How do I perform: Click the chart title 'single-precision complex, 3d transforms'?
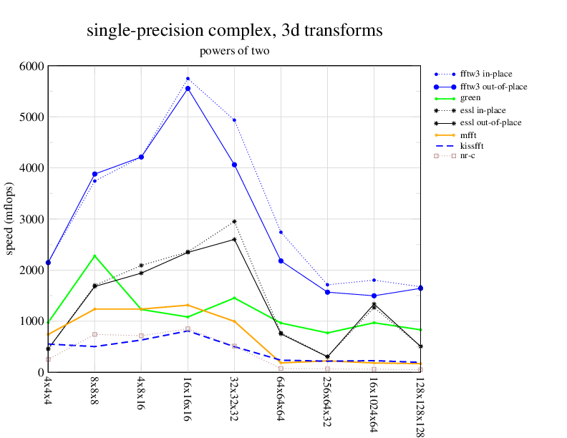click(234, 31)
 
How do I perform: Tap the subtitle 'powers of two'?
click(234, 51)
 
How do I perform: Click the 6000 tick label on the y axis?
click(31, 66)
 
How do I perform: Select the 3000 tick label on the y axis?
click(31, 219)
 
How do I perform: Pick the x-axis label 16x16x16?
click(187, 393)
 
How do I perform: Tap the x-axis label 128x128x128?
click(420, 404)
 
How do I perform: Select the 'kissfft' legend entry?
click(472, 146)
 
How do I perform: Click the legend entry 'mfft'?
click(469, 134)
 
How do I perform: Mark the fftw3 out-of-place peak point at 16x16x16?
click(188, 88)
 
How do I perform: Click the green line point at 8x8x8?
click(94, 255)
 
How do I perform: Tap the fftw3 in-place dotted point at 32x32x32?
click(234, 120)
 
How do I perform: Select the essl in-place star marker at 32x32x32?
click(234, 222)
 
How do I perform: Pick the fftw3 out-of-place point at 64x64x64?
click(281, 261)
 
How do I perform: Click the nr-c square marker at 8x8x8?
click(94, 334)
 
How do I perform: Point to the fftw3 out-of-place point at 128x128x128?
click(420, 288)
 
